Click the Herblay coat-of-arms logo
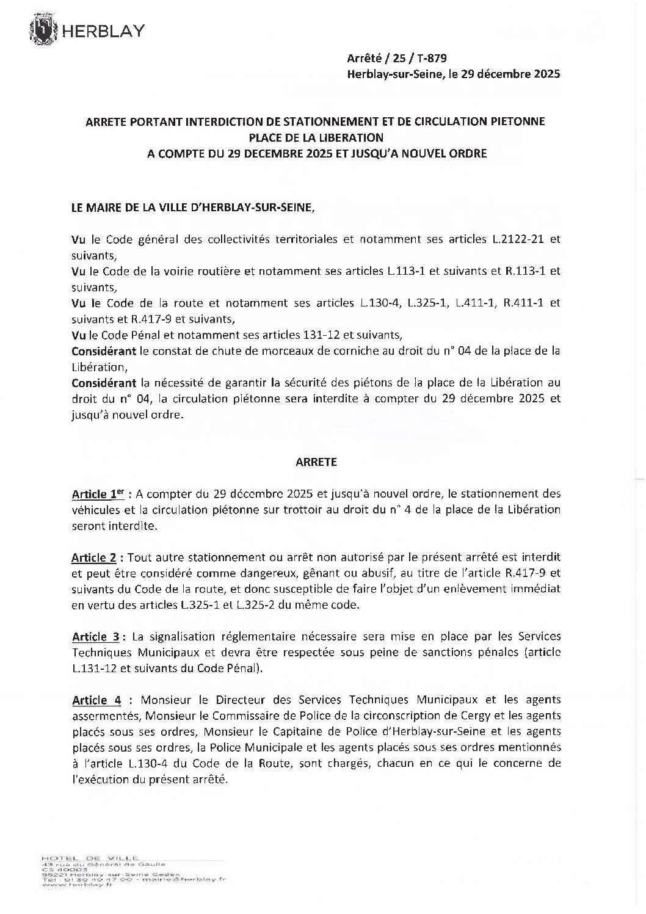45,31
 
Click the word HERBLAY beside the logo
101,31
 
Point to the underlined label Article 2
95,557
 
